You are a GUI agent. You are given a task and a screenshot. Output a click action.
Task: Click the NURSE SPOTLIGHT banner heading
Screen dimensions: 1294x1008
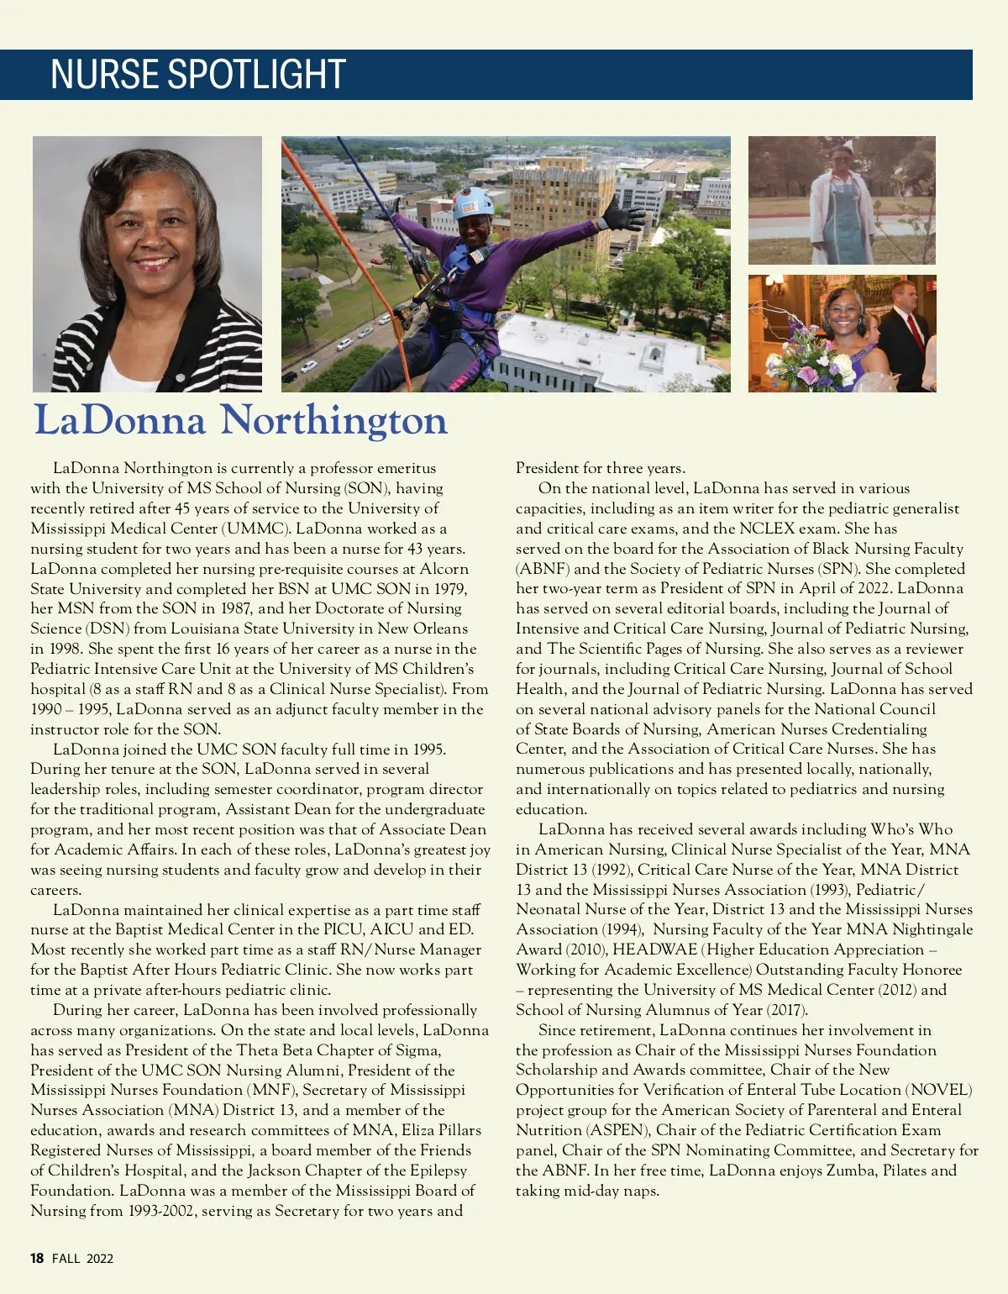pyautogui.click(x=198, y=75)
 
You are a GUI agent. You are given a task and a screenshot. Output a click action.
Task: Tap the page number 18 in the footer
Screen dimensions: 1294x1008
pyautogui.click(x=37, y=1258)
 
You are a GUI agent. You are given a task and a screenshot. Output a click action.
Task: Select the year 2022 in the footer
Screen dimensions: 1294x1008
pyautogui.click(x=99, y=1258)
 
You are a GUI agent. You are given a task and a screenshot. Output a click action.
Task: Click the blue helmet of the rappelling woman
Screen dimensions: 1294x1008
pyautogui.click(x=474, y=203)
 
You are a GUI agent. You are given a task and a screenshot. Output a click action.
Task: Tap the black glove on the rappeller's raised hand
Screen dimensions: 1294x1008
pyautogui.click(x=622, y=214)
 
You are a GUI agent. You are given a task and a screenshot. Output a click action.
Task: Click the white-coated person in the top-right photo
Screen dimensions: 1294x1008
pyautogui.click(x=840, y=206)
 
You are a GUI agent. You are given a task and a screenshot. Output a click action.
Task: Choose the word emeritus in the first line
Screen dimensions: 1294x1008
pyautogui.click(x=407, y=468)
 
